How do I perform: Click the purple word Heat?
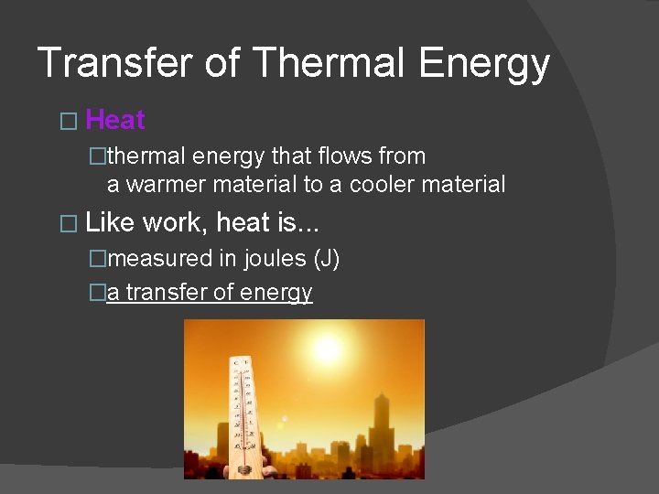click(115, 120)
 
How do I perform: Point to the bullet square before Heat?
click(63, 121)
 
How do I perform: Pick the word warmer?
click(166, 185)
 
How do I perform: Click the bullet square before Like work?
click(63, 223)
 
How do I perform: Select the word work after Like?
click(175, 222)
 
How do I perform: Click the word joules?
click(275, 260)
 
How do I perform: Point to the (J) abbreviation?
click(327, 260)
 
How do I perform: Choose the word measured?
click(161, 260)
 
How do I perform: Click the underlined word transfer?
click(159, 293)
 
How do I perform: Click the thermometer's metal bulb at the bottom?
click(245, 467)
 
